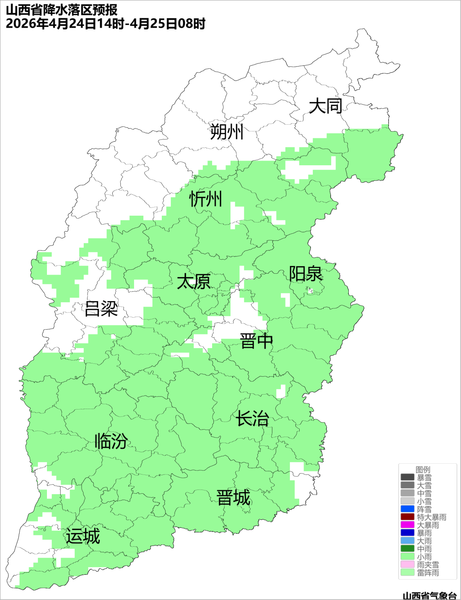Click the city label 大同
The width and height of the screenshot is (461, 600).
[x=325, y=106]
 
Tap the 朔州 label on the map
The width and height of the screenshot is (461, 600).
[x=227, y=132]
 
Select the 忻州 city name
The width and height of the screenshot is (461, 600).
[x=206, y=199]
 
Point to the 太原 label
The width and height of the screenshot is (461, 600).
[x=194, y=282]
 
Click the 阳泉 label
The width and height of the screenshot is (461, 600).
[x=306, y=274]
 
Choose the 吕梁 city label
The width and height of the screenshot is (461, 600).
[x=101, y=309]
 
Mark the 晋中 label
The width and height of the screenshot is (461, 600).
[x=256, y=341]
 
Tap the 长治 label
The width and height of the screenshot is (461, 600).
[x=253, y=419]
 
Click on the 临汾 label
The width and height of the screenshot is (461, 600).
[x=111, y=441]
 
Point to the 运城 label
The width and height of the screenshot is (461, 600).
[x=83, y=536]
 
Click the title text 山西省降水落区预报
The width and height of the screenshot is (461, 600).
[x=62, y=10]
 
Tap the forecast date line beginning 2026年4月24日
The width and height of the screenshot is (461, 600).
[x=105, y=23]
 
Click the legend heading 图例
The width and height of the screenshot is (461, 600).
[x=423, y=469]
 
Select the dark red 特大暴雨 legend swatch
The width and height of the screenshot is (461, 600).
[x=407, y=517]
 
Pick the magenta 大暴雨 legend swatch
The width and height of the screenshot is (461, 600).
[x=407, y=525]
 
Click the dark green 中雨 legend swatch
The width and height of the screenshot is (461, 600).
[x=407, y=549]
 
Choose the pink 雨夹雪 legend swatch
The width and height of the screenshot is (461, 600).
[x=407, y=565]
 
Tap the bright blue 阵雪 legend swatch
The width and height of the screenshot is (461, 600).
[x=407, y=509]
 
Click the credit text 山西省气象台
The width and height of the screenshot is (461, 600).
[x=429, y=595]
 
